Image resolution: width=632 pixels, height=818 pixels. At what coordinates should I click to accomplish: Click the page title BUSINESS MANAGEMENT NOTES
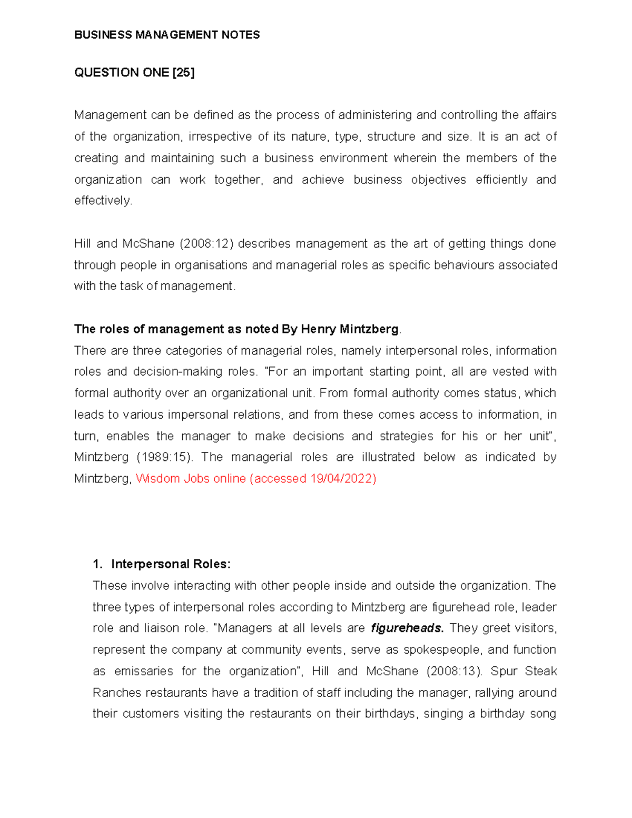(167, 35)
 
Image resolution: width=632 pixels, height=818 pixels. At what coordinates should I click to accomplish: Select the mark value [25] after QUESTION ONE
(183, 73)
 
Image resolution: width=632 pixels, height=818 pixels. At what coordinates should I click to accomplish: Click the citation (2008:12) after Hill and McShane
(209, 243)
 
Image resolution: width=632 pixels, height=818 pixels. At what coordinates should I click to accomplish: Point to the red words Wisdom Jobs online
(191, 478)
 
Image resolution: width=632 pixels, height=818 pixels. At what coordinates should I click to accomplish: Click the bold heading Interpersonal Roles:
(171, 564)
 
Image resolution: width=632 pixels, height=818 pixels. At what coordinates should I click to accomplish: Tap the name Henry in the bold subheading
(318, 329)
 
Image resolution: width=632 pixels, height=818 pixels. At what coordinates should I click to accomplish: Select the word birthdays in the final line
(390, 714)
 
